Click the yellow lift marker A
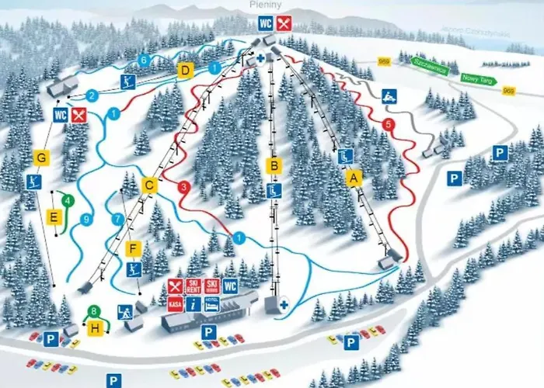tap(354, 178)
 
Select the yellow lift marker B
tap(273, 165)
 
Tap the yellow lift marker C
tap(150, 185)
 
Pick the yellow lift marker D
tap(185, 71)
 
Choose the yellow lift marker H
tap(95, 328)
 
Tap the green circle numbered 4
tap(68, 201)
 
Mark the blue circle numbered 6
tap(143, 60)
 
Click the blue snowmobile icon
tap(389, 95)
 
